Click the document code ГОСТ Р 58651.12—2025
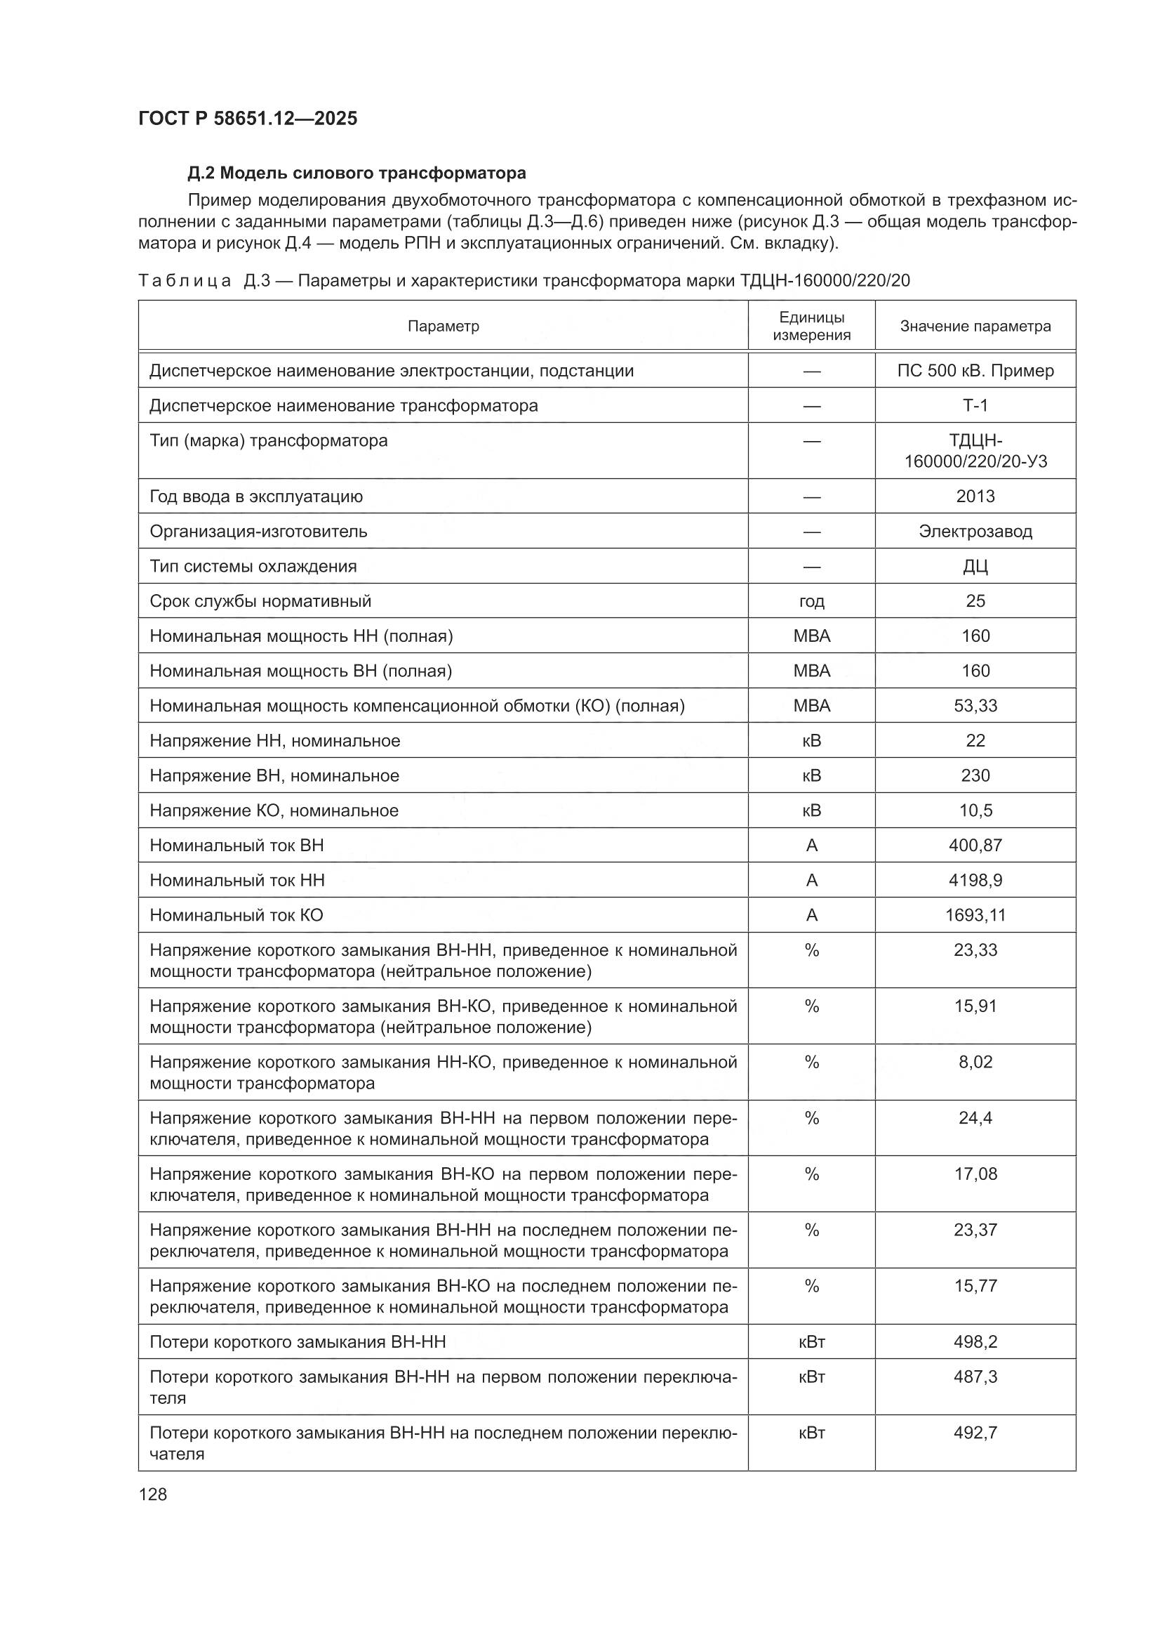247,118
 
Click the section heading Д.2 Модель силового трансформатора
356,173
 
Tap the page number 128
153,1494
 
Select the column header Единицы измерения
811,326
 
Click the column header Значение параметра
975,326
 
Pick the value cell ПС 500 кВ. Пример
975,371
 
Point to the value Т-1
975,405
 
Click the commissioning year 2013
975,497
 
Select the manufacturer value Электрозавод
975,532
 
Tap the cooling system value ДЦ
975,566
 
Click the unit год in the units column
811,601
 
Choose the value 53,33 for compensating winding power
975,706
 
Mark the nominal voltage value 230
975,776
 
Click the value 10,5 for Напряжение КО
975,811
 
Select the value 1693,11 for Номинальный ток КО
975,915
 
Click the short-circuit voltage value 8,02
975,1062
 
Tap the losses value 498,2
975,1342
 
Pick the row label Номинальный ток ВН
236,846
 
